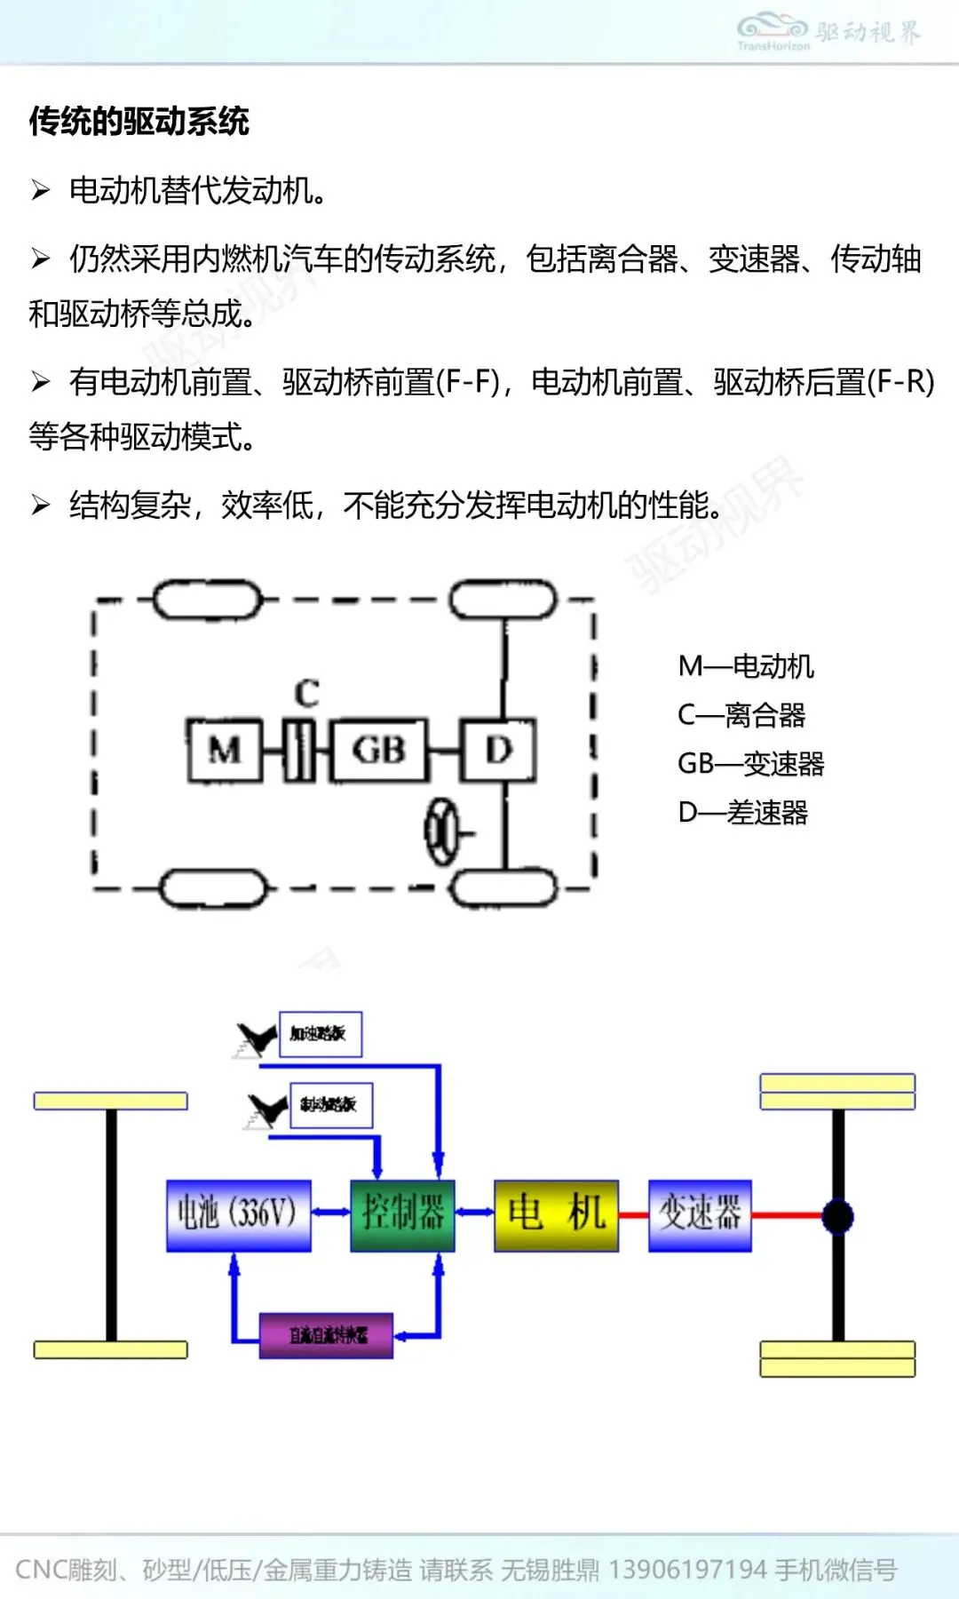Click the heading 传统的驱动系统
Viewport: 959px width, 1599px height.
pos(139,121)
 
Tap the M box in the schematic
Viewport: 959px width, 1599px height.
pos(225,750)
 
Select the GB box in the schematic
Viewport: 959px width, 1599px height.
pos(378,750)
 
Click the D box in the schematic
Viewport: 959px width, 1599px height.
pos(498,750)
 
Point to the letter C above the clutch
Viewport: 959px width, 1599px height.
pos(306,692)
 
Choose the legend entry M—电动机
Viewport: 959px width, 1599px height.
pos(746,666)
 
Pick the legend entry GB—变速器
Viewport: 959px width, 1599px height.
pos(751,764)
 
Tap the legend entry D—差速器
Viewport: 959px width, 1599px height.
pos(743,813)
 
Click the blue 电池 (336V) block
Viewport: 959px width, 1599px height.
pos(239,1214)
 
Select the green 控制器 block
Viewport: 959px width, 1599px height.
pos(402,1214)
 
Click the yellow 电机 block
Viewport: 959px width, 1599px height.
pos(556,1214)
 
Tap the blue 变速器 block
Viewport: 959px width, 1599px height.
pos(700,1214)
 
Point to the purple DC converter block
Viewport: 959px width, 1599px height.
pos(326,1335)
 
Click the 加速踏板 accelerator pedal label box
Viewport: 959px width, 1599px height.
pos(320,1033)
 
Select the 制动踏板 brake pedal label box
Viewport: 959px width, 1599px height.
pos(330,1104)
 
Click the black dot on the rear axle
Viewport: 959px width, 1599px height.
pos(837,1216)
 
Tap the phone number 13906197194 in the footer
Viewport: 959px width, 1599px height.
pos(687,1570)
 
